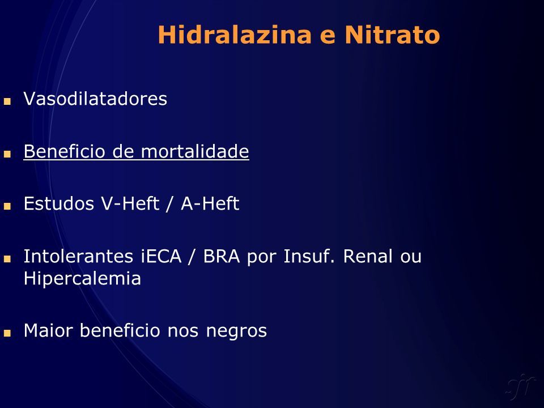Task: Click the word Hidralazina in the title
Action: (x=235, y=35)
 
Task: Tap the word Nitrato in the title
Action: (x=392, y=35)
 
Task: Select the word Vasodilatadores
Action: (x=95, y=99)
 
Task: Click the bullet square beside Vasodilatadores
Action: (x=7, y=101)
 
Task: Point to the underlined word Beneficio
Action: (x=65, y=151)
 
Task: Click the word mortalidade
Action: (x=195, y=151)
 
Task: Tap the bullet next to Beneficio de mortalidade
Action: (x=7, y=154)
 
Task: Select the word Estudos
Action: (x=59, y=203)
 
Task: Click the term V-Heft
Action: (x=130, y=203)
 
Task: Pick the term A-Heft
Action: (x=210, y=203)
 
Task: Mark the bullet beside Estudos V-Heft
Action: (x=7, y=206)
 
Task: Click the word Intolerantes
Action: (x=78, y=256)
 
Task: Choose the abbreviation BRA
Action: (x=222, y=256)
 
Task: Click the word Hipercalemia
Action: (x=82, y=278)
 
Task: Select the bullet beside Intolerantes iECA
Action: (x=7, y=259)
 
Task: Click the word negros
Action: (x=237, y=331)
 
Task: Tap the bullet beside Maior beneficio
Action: (x=7, y=333)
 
